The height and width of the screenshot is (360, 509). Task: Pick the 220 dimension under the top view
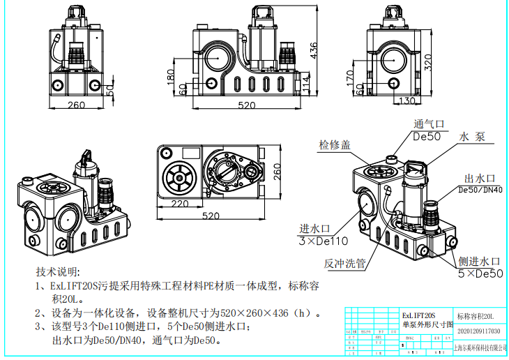[179, 204]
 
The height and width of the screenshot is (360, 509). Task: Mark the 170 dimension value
[349, 77]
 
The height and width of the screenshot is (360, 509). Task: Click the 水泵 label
[471, 137]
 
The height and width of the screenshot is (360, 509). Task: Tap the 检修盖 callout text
[335, 144]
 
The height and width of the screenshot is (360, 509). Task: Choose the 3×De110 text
[321, 241]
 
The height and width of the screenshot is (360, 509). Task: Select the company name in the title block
[480, 347]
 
